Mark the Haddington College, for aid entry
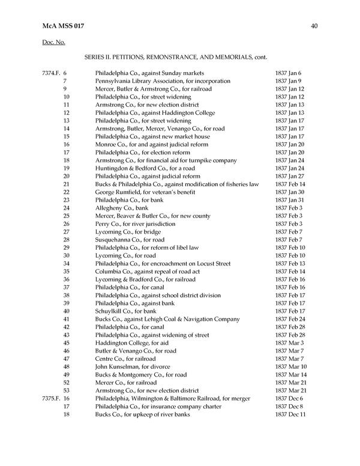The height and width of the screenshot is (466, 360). click(130, 343)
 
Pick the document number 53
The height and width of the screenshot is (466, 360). click(66, 390)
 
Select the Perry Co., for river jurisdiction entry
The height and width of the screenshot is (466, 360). click(135, 224)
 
